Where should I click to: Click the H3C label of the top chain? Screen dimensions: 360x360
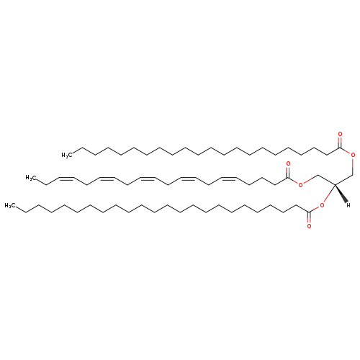tap(67, 156)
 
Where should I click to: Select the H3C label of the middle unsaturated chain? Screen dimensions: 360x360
tap(31, 178)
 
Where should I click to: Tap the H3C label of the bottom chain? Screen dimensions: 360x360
tap(10, 206)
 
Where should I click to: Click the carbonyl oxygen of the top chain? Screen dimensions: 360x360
tap(340, 134)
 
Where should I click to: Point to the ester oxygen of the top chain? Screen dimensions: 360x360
tap(353, 155)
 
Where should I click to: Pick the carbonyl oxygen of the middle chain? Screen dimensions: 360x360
tap(288, 163)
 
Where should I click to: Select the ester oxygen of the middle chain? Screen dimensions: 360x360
tap(300, 185)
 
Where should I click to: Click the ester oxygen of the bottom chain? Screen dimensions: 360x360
tap(322, 205)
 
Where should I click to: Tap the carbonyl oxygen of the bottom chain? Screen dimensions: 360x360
tap(309, 226)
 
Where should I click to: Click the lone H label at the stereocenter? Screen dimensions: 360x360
tap(348, 205)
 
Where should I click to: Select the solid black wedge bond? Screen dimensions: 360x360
tap(341, 193)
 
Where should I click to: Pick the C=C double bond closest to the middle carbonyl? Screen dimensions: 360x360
tap(229, 178)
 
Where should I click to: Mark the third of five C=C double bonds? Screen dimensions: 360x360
tap(148, 178)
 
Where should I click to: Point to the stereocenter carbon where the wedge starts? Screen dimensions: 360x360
tap(335, 184)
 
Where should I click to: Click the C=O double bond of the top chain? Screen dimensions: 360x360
tap(340, 143)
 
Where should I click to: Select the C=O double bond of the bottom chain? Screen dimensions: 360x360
tap(309, 217)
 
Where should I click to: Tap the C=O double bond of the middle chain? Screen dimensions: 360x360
tap(288, 172)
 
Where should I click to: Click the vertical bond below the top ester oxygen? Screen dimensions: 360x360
tap(353, 166)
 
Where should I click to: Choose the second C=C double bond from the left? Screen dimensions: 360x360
tap(107, 178)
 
